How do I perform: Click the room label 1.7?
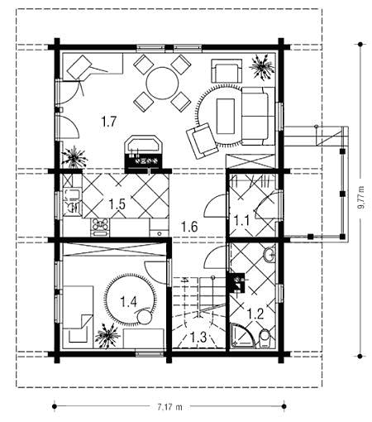click(x=109, y=122)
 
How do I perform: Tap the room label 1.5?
click(x=117, y=204)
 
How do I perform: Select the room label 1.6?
click(x=189, y=227)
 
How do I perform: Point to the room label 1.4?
click(x=129, y=302)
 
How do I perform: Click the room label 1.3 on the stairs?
click(x=198, y=337)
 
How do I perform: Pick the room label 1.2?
click(x=255, y=314)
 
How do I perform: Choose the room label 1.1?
click(x=241, y=221)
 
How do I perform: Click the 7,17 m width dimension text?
click(x=170, y=407)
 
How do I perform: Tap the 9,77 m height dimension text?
click(x=360, y=199)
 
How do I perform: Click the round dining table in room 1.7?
click(x=162, y=83)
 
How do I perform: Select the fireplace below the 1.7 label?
click(x=144, y=154)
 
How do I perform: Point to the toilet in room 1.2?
click(x=265, y=338)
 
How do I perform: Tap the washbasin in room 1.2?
click(x=269, y=254)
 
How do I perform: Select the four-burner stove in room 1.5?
click(x=100, y=228)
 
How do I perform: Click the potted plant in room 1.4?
click(x=107, y=335)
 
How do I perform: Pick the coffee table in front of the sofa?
click(x=226, y=116)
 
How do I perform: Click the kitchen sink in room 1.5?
click(x=72, y=201)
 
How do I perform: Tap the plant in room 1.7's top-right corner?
click(x=261, y=67)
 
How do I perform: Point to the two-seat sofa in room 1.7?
click(x=258, y=116)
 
